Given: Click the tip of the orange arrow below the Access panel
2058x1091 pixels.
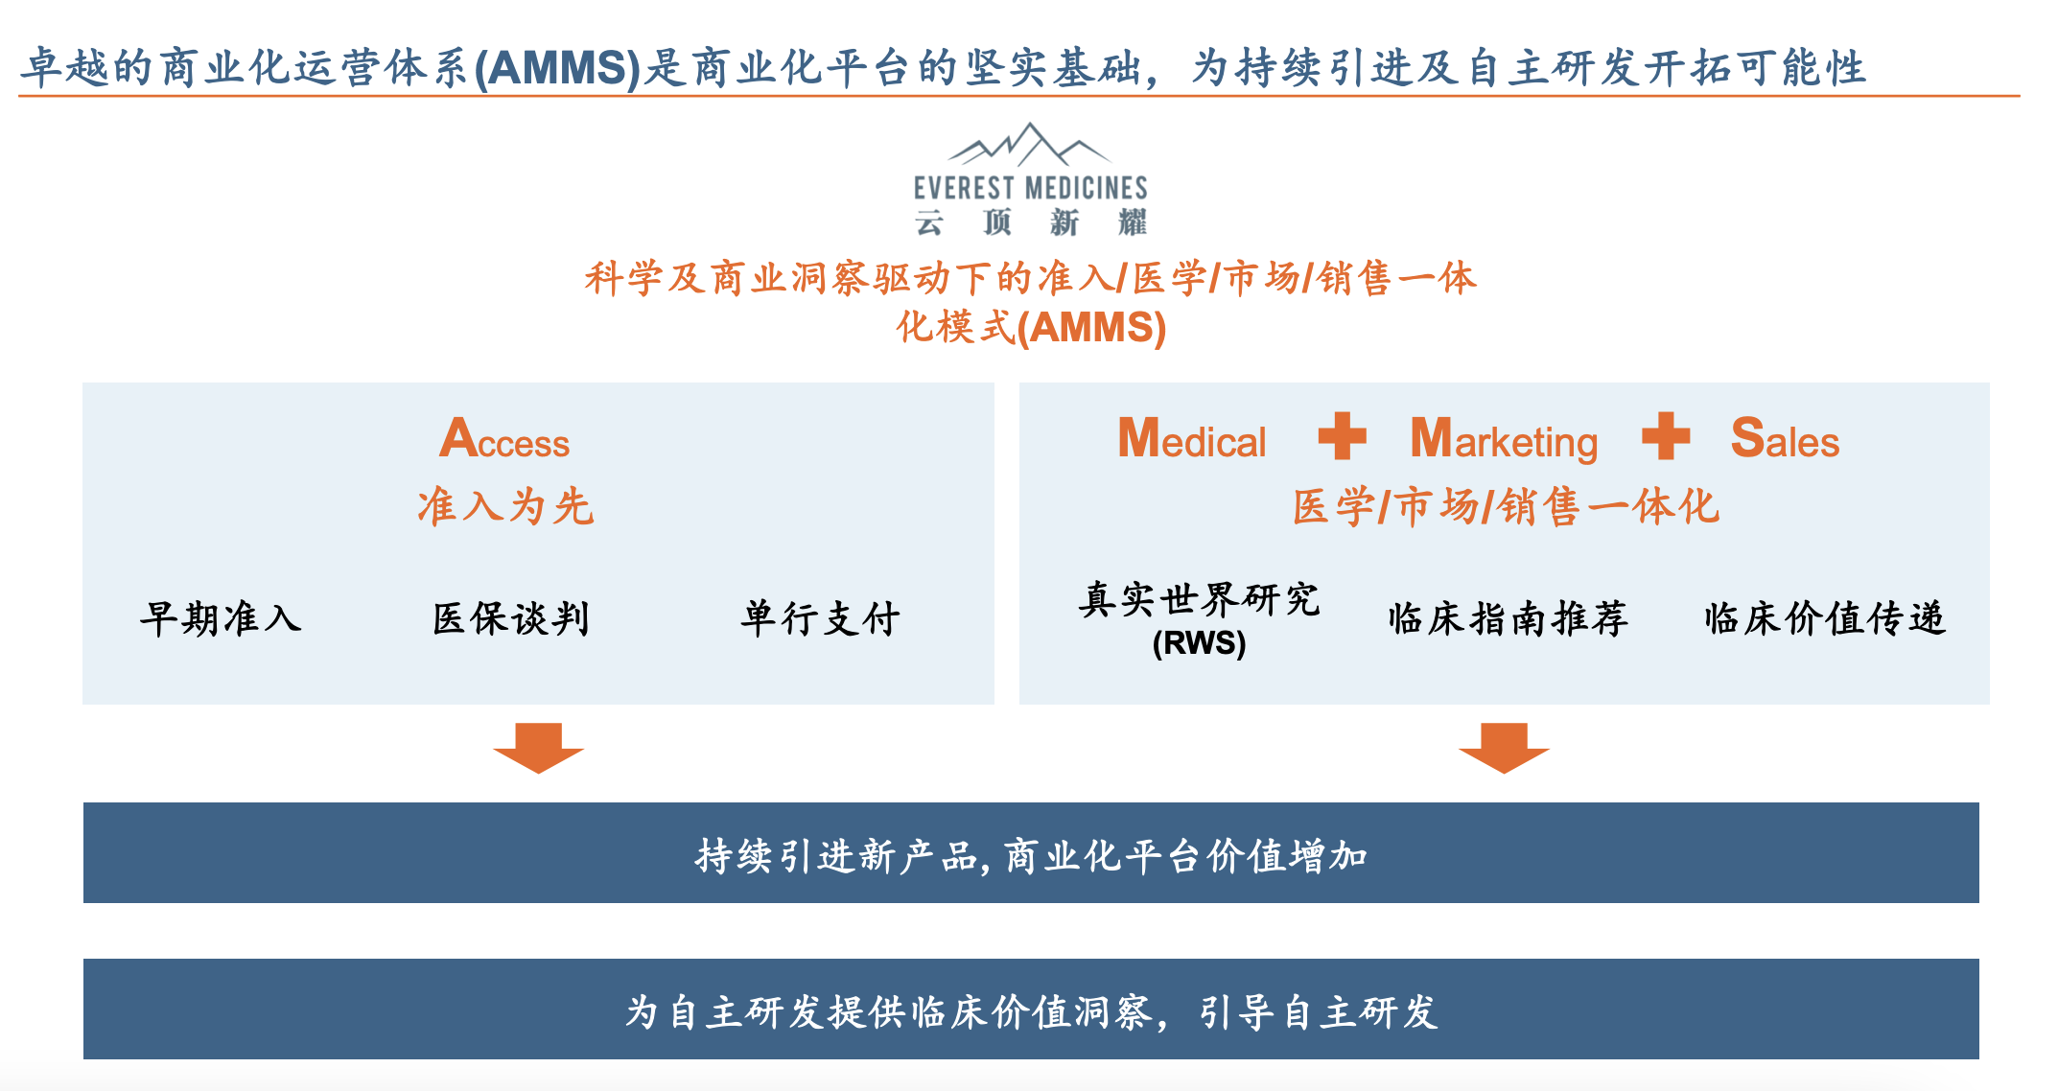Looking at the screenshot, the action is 538,773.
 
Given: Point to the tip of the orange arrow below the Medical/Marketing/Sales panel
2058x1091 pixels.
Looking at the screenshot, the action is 1504,773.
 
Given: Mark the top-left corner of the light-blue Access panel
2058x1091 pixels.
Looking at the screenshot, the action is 82,383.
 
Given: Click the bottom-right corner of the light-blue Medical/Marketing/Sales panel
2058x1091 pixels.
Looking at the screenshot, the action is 1990,705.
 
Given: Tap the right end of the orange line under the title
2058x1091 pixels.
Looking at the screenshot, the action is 2021,96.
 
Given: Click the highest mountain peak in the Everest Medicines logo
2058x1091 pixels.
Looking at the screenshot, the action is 1030,124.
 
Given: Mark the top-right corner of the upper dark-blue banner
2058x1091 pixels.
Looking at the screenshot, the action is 1979,802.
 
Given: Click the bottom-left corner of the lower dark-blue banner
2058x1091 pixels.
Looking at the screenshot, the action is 83,1059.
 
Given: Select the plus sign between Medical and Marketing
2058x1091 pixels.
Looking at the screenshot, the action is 1343,436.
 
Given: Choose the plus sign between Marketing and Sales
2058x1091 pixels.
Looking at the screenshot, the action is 1666,436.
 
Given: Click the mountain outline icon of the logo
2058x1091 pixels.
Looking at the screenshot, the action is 1030,145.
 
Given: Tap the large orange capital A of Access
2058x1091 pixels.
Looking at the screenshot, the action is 459,438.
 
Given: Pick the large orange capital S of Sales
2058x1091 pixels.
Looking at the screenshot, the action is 1748,437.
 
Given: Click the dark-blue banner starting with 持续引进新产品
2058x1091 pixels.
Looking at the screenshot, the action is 1031,853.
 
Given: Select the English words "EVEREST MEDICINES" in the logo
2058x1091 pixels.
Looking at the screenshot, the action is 1030,188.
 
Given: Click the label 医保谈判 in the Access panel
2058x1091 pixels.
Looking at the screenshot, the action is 511,618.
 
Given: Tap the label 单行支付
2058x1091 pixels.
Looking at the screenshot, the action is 820,618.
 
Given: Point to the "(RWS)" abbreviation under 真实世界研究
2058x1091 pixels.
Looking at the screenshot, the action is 1199,642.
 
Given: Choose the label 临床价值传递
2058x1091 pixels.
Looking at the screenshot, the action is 1825,618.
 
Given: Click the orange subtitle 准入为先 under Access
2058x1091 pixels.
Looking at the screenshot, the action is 505,506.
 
